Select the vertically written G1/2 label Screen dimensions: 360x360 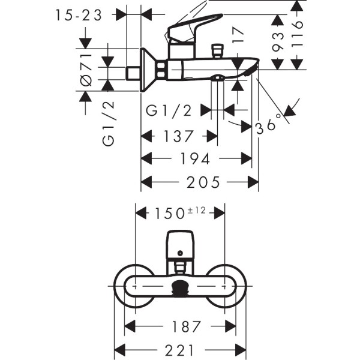pos(109,123)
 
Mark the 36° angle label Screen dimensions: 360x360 pos(268,124)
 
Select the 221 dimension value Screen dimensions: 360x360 pos(181,349)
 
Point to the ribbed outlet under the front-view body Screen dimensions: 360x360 pos(181,289)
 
